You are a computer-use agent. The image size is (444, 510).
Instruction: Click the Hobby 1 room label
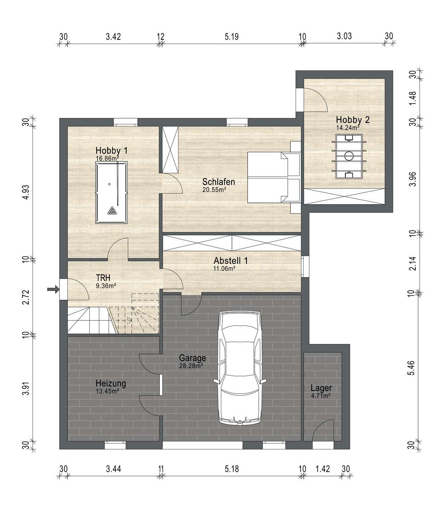(112, 151)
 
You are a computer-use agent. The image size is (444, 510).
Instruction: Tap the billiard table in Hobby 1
(112, 192)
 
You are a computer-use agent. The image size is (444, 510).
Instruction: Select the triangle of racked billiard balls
(112, 211)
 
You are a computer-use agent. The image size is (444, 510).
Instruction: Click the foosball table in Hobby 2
(349, 156)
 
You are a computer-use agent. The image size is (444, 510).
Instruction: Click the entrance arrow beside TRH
(53, 289)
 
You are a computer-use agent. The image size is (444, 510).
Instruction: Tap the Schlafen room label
(218, 182)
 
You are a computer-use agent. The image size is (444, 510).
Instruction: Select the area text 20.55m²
(214, 190)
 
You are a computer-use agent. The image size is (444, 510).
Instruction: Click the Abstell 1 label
(231, 261)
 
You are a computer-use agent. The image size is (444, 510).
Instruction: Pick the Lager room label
(321, 388)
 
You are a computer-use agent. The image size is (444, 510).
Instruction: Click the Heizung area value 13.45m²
(107, 391)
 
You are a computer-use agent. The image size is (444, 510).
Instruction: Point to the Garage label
(192, 358)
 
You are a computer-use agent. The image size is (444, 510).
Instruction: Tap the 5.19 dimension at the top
(232, 36)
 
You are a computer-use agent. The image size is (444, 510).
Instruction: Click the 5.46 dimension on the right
(412, 368)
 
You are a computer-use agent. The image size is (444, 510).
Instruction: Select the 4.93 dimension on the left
(25, 192)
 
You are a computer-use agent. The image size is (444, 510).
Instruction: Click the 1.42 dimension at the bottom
(323, 469)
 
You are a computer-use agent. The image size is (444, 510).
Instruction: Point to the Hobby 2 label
(353, 120)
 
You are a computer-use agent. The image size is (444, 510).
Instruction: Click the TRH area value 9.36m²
(106, 286)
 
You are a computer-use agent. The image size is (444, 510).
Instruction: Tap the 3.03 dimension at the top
(345, 36)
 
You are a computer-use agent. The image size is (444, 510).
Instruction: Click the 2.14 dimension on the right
(412, 263)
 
